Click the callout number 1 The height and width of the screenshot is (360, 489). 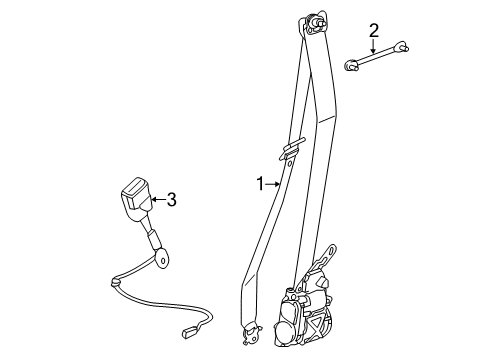(259, 183)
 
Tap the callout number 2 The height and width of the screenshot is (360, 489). (373, 30)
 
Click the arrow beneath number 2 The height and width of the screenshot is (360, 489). (373, 45)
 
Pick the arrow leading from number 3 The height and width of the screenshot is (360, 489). (156, 200)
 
